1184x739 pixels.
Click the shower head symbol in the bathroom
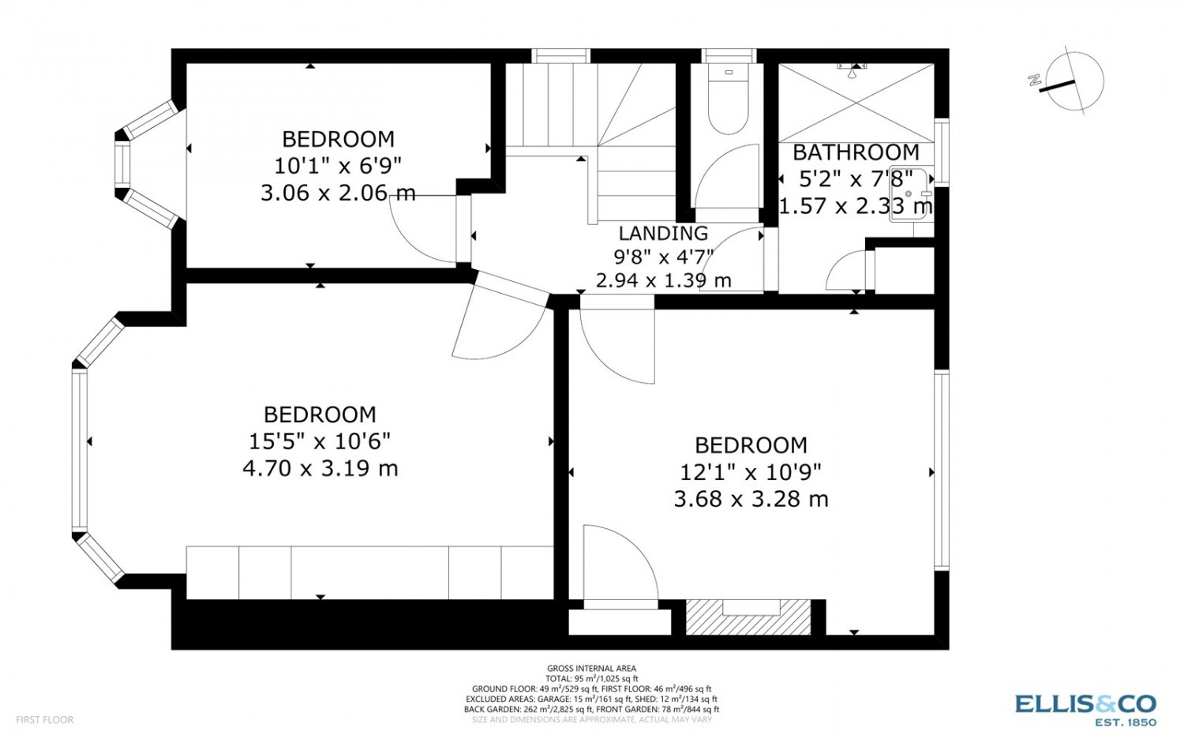pyautogui.click(x=852, y=69)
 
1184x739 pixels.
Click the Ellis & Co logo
pyautogui.click(x=1085, y=711)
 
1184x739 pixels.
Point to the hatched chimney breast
pyautogui.click(x=748, y=617)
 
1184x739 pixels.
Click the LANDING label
pyautogui.click(x=663, y=233)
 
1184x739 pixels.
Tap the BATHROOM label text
pyautogui.click(x=856, y=152)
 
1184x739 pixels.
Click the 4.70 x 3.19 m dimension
pyautogui.click(x=320, y=468)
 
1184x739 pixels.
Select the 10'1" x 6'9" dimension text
pyautogui.click(x=338, y=166)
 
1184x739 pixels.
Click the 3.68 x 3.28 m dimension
pyautogui.click(x=751, y=499)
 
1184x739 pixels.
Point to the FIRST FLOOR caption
pyautogui.click(x=45, y=719)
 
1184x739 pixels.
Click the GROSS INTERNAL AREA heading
pyautogui.click(x=591, y=668)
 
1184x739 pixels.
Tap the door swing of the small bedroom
pyautogui.click(x=418, y=238)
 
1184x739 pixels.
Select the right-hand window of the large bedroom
pyautogui.click(x=942, y=471)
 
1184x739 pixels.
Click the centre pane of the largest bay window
pyautogui.click(x=79, y=449)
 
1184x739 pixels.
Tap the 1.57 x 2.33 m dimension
pyautogui.click(x=856, y=205)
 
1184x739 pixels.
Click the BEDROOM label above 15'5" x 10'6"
pyautogui.click(x=320, y=415)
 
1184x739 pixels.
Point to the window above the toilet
pyautogui.click(x=729, y=55)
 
